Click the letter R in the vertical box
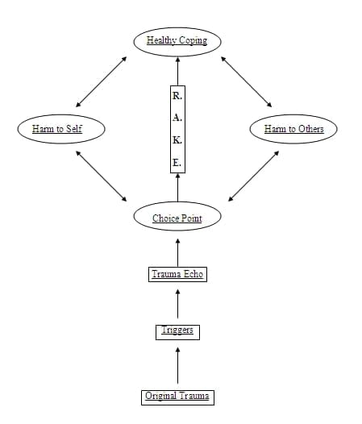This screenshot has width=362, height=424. point(177,96)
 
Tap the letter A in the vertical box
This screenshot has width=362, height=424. point(177,118)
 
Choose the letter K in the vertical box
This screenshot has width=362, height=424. point(177,140)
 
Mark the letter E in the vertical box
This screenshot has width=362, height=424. point(177,163)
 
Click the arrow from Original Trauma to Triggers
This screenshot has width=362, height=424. point(177,365)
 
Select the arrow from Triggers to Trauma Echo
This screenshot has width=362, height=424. point(177,304)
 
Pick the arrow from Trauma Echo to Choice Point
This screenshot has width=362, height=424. point(177,252)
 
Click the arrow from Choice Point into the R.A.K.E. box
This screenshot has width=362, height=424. point(177,188)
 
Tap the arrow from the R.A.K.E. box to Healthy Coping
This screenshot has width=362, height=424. point(177,71)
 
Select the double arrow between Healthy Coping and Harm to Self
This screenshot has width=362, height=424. point(102,81)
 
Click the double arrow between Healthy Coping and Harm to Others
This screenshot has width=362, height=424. point(247,81)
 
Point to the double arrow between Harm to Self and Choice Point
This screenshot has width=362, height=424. point(102,176)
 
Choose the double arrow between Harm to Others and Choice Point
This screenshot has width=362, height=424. point(253,176)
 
